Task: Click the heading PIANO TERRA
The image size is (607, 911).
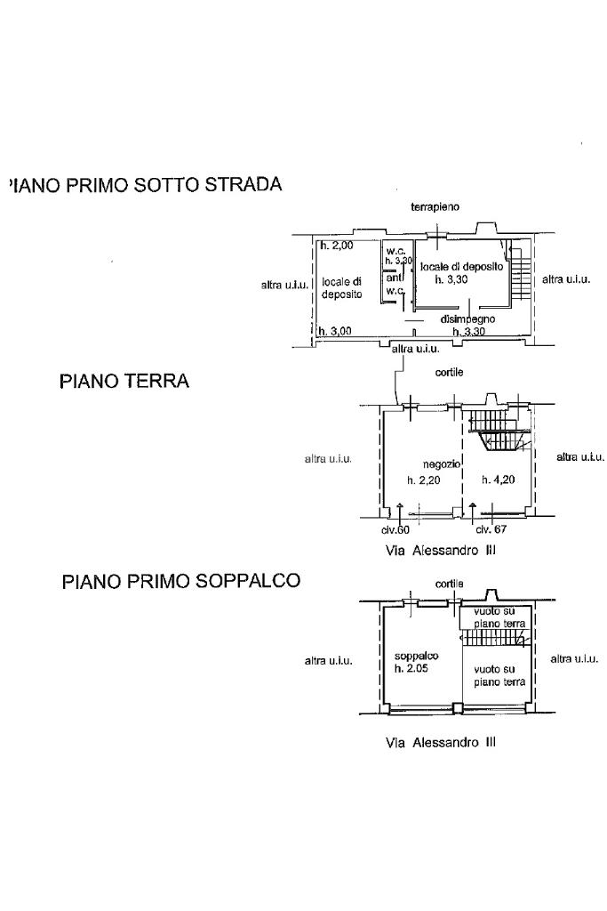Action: click(x=124, y=381)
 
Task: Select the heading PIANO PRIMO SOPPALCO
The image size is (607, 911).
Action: click(x=181, y=581)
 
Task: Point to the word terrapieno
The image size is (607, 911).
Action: click(x=435, y=206)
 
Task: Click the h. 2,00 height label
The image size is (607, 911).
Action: click(x=337, y=245)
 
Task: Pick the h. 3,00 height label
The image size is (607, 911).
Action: click(x=335, y=331)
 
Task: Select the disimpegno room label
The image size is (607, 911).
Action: click(x=467, y=318)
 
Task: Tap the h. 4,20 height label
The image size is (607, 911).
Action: click(x=498, y=480)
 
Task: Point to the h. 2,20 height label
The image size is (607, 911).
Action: click(x=423, y=480)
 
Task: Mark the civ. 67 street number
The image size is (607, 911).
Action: click(x=491, y=528)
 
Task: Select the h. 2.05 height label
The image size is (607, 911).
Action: click(x=411, y=668)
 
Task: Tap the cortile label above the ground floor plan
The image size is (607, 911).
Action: click(x=449, y=372)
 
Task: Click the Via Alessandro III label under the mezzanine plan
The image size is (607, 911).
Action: click(x=440, y=742)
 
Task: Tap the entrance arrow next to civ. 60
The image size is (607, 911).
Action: click(x=399, y=511)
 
